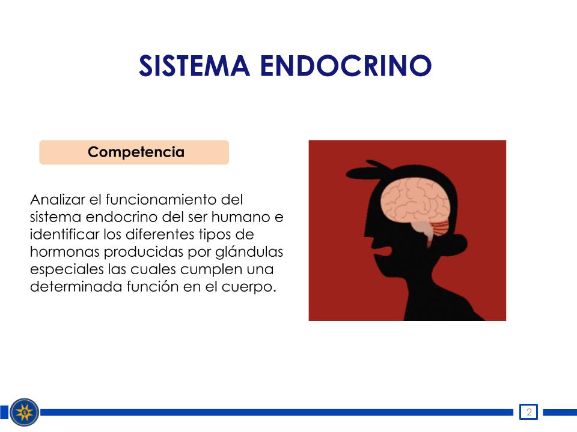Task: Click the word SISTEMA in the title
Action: tap(194, 66)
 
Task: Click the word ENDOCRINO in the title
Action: tap(346, 66)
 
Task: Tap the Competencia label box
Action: tap(134, 152)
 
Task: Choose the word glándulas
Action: tap(249, 253)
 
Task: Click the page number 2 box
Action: tap(528, 412)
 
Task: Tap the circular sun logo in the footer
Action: tap(24, 412)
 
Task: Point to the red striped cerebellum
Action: tap(440, 228)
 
